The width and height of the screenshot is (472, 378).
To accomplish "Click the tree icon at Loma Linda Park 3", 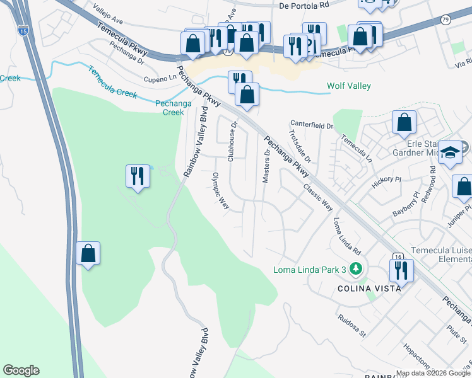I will (357, 270).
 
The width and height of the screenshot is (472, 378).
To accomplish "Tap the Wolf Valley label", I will (348, 86).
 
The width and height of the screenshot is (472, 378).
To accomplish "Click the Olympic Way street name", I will (220, 192).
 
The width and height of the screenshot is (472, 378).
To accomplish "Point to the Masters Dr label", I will (266, 166).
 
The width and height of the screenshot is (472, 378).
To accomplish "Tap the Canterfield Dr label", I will (311, 125).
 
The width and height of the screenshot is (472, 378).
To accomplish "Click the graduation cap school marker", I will (451, 153).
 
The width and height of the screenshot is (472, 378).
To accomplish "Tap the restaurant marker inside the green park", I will (138, 176).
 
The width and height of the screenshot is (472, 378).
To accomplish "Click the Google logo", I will (21, 370).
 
